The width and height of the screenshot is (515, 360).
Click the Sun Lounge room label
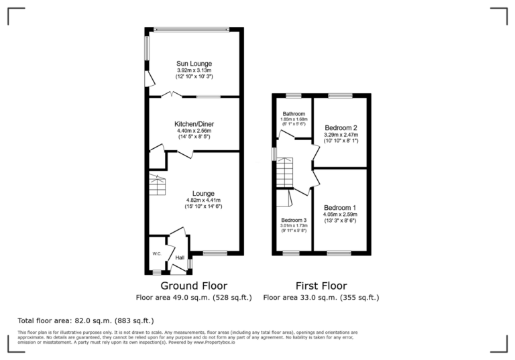[194, 64]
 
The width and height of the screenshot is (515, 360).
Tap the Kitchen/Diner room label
[194, 124]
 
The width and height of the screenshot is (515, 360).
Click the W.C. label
[156, 253]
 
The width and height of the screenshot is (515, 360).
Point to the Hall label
[180, 257]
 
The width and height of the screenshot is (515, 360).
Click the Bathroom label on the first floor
[294, 113]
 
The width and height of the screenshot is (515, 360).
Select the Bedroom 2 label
[341, 127]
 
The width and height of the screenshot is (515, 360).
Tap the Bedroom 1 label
[341, 207]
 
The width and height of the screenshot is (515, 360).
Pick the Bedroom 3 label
[294, 220]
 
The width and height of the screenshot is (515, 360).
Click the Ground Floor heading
[193, 286]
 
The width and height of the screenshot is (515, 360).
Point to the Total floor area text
[85, 320]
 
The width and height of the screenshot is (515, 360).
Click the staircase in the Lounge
[157, 185]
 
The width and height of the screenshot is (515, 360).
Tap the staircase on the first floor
[285, 173]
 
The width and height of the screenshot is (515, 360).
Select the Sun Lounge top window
[192, 29]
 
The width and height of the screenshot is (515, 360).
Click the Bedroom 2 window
[340, 96]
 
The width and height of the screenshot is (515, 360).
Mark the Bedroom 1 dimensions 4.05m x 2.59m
[341, 215]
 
